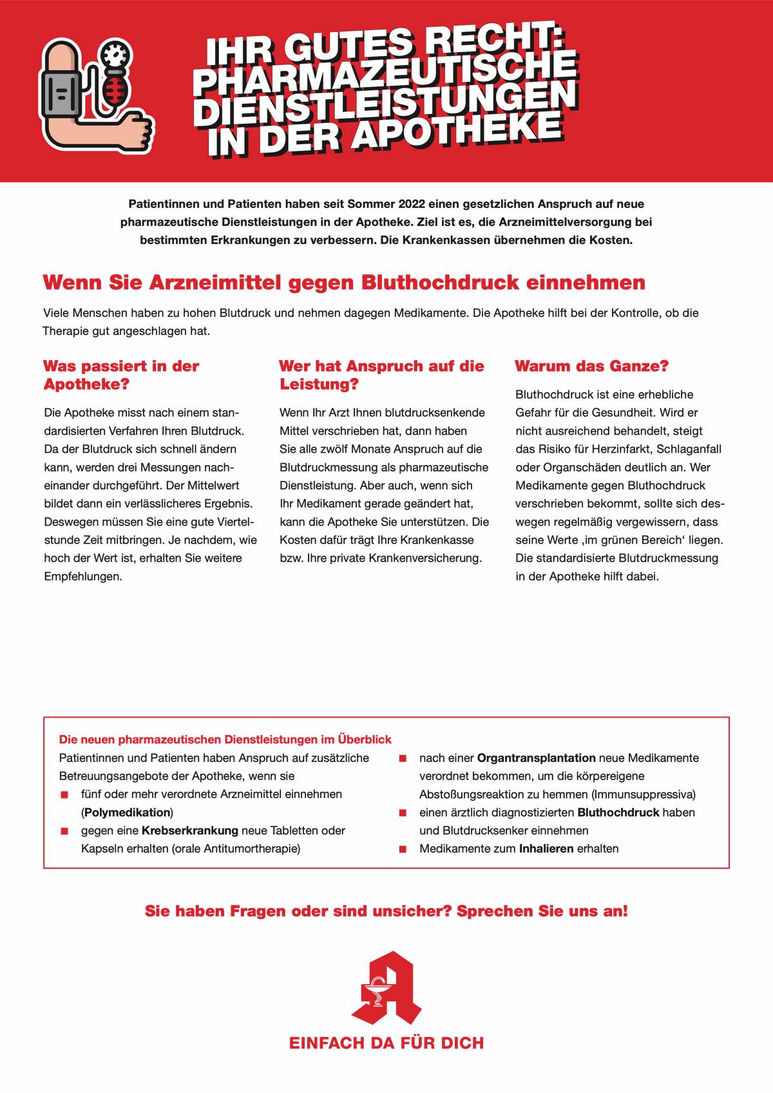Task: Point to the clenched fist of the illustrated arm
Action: (x=138, y=131)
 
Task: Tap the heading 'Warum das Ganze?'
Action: (x=591, y=366)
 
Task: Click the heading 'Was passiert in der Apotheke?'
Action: (x=121, y=375)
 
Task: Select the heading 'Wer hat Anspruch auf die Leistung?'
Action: (x=381, y=375)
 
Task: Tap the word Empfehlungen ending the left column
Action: (x=83, y=576)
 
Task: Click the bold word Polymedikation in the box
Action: (x=127, y=812)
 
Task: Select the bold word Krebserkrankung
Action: (x=190, y=830)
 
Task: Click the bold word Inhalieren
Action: (x=546, y=848)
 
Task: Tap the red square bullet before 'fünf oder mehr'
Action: (x=64, y=795)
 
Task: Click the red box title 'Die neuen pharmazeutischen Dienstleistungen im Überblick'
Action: (x=225, y=739)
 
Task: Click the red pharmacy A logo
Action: (x=386, y=989)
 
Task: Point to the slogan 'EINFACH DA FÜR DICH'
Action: (x=386, y=1043)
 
